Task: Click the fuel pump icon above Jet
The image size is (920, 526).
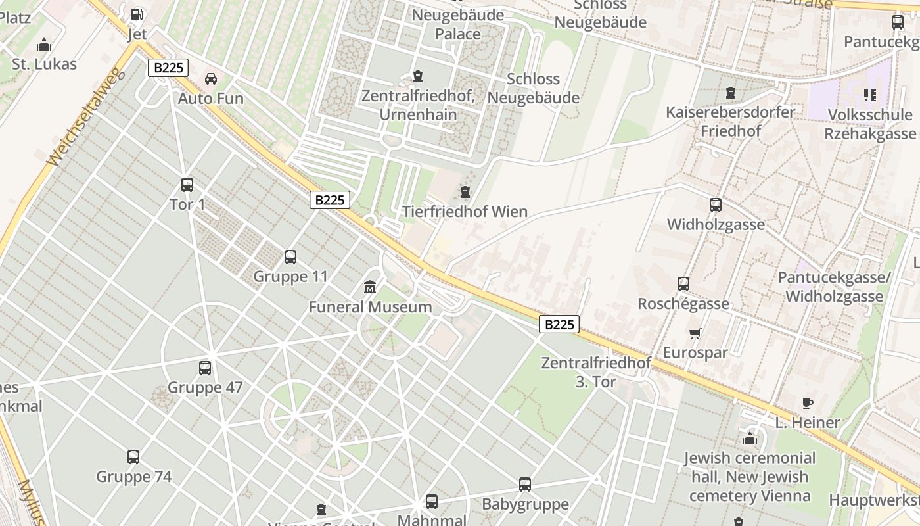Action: coord(137,14)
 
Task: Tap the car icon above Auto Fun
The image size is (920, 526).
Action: coord(211,79)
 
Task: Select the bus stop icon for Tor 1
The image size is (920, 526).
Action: coord(187,185)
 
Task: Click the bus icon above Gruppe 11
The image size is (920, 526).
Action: coord(290,256)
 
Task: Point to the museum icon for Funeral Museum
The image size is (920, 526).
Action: coord(370,287)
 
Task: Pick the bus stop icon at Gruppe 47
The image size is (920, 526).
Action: coord(205,368)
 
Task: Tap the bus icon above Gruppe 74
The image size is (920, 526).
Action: coord(133,457)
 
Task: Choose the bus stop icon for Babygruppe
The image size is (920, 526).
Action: coord(524,485)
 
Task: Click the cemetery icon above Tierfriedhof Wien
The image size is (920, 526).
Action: coord(465,192)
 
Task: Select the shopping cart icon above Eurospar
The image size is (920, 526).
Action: coord(695,333)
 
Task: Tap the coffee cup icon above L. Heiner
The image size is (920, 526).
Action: coord(808,403)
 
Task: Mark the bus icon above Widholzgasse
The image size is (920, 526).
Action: coord(716,205)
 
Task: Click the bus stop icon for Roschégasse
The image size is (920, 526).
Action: coord(683,284)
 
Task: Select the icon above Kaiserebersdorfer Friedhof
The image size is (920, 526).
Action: coord(730,93)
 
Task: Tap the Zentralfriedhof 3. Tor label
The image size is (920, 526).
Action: coord(595,371)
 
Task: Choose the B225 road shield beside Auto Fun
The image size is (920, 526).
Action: coord(168,67)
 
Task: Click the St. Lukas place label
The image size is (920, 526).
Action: coord(44,64)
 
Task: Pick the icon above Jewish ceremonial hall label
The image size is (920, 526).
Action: coord(750,439)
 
